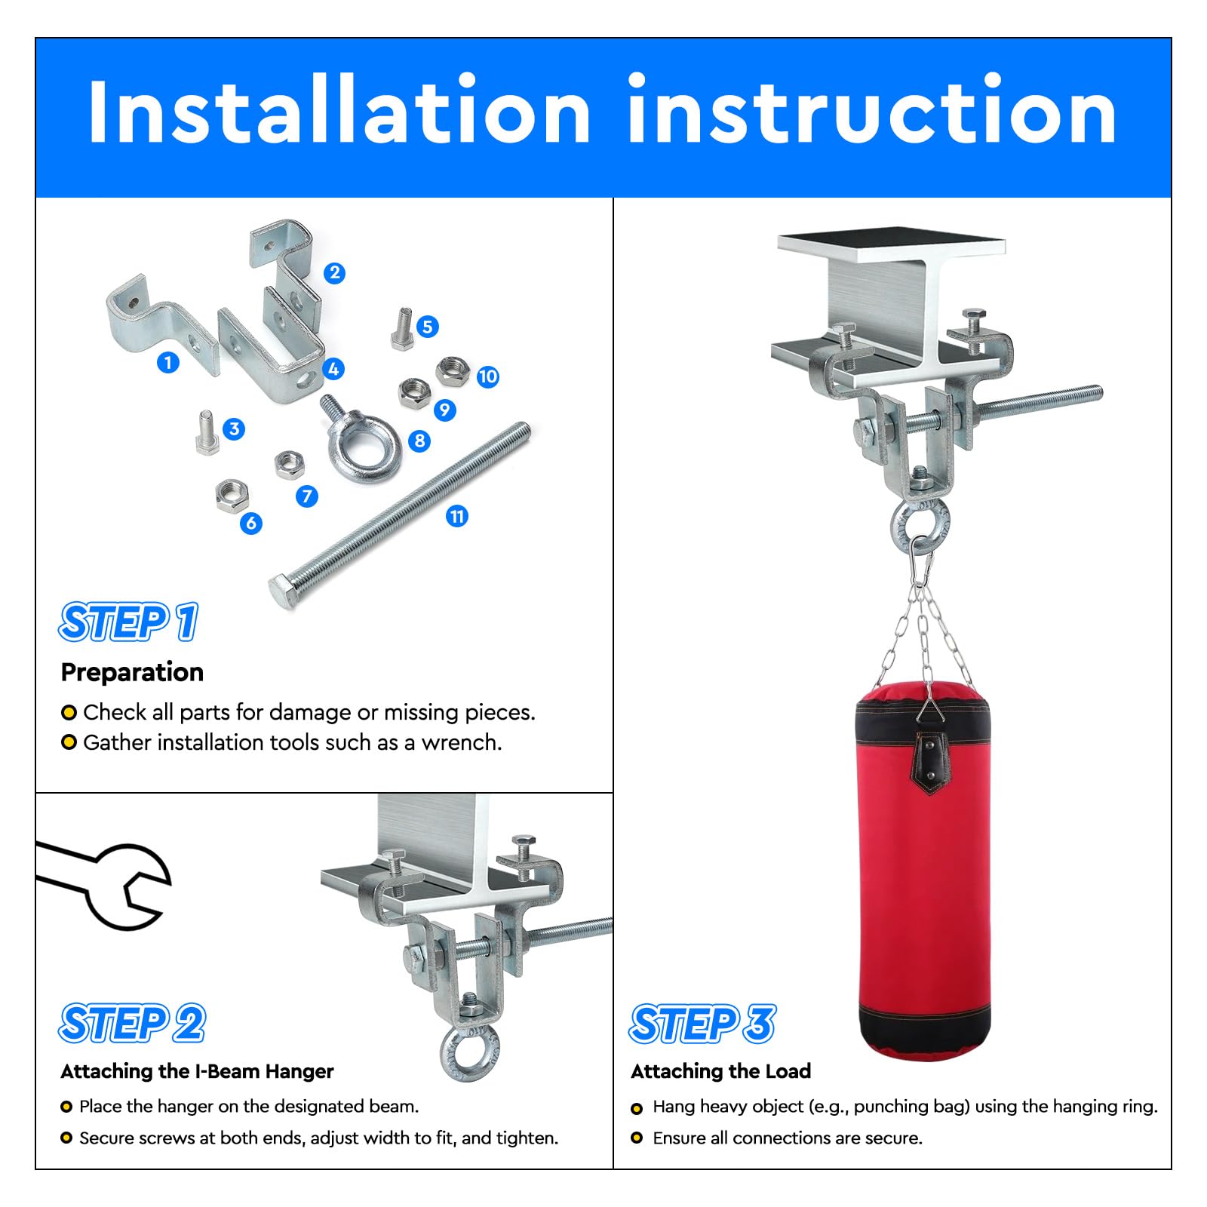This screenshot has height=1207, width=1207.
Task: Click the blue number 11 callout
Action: [x=457, y=516]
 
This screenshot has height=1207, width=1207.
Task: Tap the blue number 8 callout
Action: [x=419, y=441]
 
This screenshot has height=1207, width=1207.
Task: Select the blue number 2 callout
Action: [x=335, y=273]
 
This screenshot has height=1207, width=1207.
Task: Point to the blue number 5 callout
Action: [x=428, y=327]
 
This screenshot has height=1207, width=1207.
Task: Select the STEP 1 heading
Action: [x=129, y=622]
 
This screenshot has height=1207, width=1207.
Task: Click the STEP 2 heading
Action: [x=133, y=1024]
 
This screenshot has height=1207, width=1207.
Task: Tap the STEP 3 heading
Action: [x=703, y=1024]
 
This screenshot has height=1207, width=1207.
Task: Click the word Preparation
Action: [x=132, y=672]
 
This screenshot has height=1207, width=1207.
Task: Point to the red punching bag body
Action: [x=925, y=868]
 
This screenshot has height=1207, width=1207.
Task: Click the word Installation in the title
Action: [x=339, y=111]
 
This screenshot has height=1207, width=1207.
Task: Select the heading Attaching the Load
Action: [x=721, y=1071]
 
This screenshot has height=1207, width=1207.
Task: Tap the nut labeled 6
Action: [x=229, y=495]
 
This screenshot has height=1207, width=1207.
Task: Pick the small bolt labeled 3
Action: [x=207, y=432]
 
